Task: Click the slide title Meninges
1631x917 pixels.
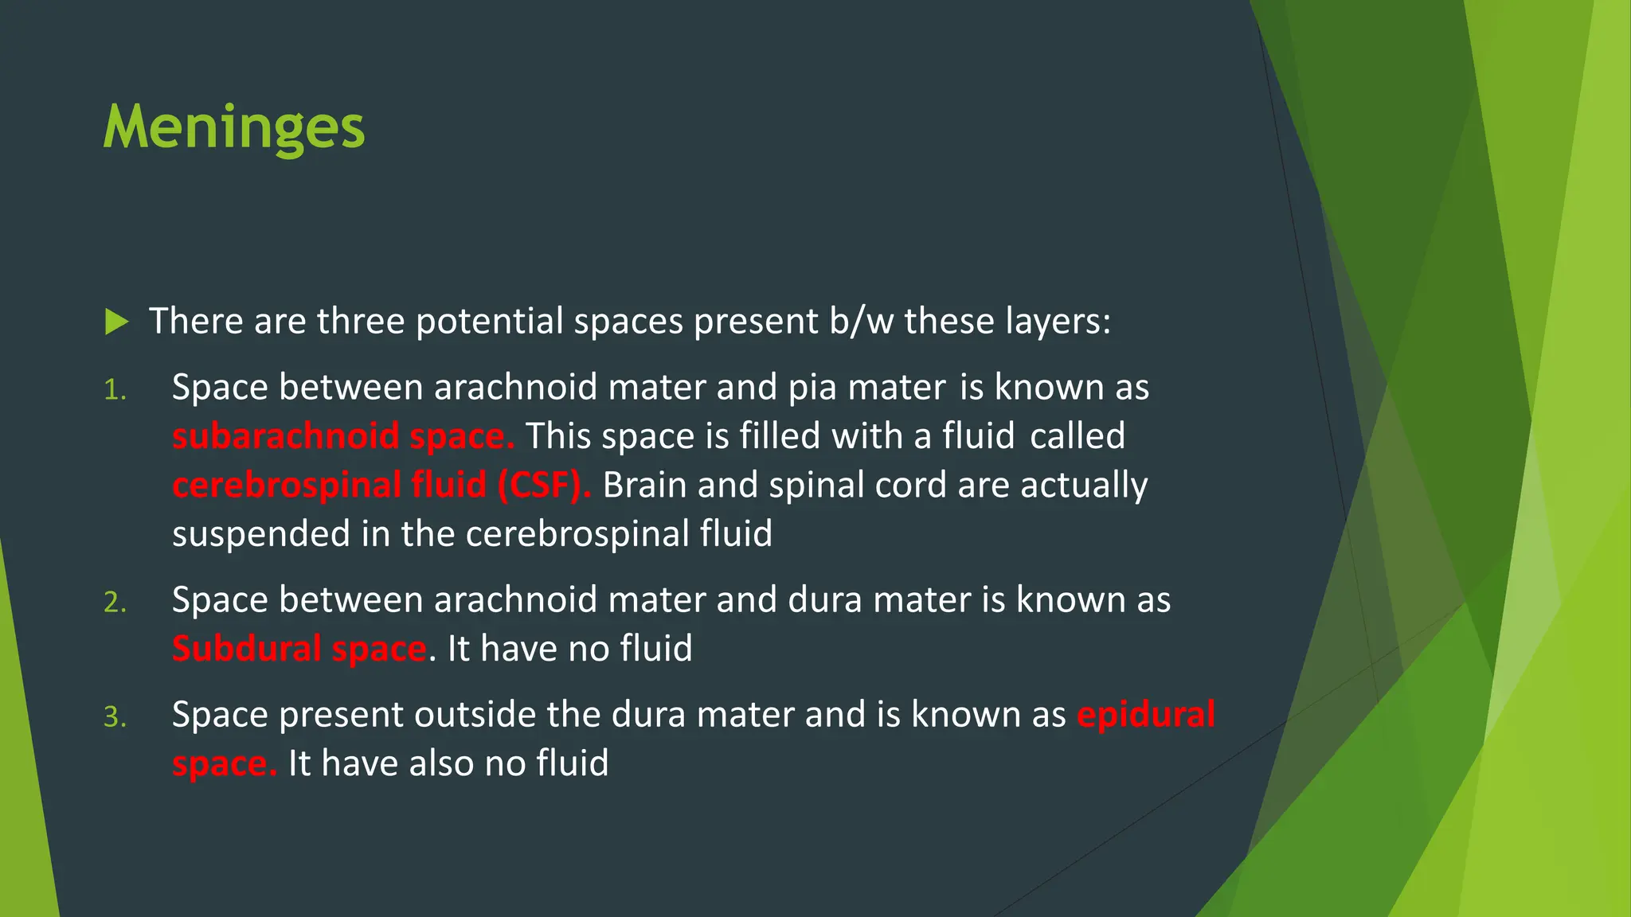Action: (x=234, y=127)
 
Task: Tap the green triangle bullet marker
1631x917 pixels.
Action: (x=116, y=322)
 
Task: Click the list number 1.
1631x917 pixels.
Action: (x=115, y=390)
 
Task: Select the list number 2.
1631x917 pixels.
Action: (x=115, y=603)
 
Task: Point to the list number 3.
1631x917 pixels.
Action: (x=115, y=717)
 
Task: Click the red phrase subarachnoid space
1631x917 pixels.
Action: (x=343, y=436)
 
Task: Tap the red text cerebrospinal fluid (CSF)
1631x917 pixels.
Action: (x=381, y=485)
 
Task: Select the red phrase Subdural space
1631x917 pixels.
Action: (x=299, y=649)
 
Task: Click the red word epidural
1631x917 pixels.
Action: (x=1146, y=714)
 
